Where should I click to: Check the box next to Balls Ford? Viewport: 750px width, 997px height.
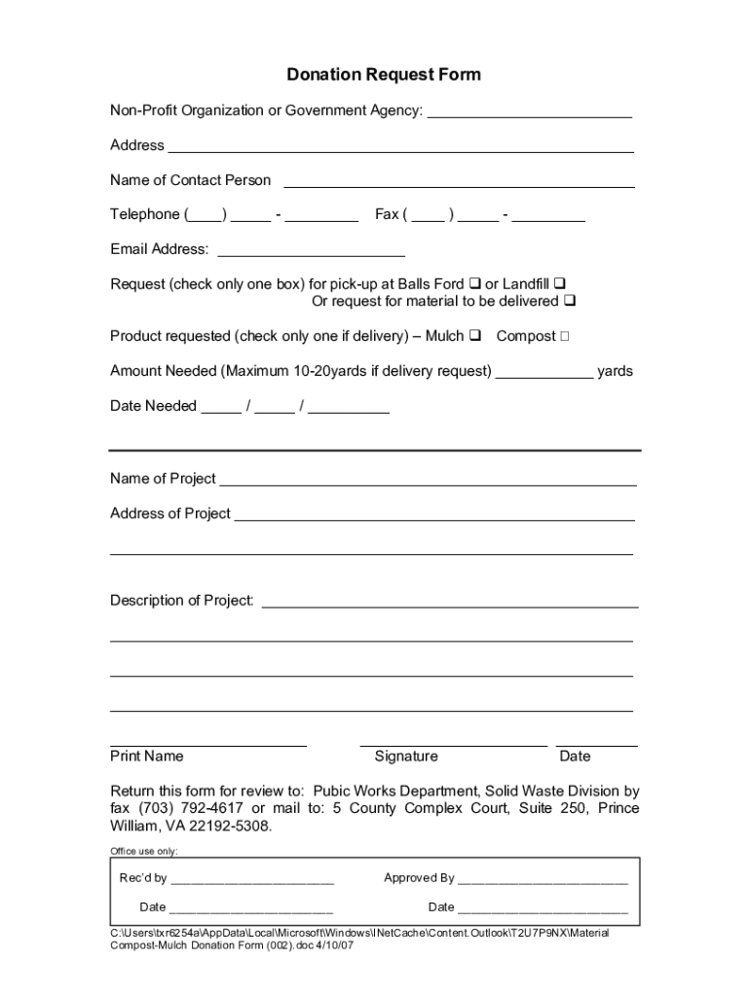474,284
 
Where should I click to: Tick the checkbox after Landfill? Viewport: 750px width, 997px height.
560,284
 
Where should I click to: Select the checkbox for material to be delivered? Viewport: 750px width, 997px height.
570,302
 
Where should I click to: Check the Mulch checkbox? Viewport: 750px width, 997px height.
475,337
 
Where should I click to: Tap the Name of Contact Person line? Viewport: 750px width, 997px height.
459,184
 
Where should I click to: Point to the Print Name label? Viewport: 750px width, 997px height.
147,757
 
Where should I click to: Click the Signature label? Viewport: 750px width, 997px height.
406,757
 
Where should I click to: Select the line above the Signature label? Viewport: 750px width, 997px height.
453,745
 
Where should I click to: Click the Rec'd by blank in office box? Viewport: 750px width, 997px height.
252,881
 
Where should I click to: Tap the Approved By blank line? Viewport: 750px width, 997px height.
543,881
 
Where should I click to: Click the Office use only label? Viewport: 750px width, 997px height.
144,850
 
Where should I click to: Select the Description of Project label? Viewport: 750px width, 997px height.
182,601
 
